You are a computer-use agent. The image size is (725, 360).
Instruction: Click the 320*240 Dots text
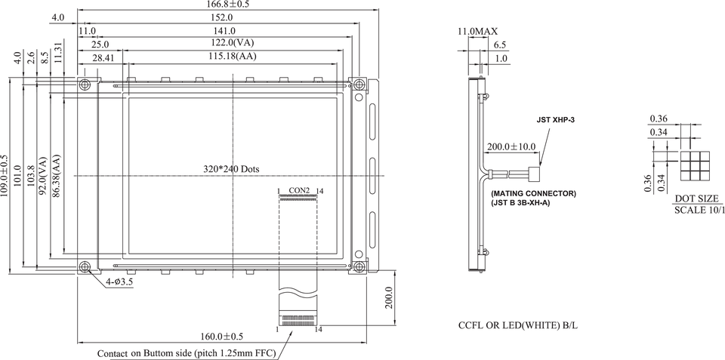[x=231, y=169]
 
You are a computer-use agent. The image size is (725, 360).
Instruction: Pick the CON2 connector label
[x=299, y=189]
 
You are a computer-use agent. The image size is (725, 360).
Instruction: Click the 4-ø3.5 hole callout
[x=119, y=282]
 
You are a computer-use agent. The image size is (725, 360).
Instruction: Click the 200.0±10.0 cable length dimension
[x=511, y=146]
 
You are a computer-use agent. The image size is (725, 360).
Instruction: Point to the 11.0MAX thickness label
[x=477, y=32]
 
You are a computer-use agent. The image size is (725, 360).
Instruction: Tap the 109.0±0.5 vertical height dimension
[x=5, y=175]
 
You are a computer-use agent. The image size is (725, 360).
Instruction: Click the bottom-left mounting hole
[x=85, y=266]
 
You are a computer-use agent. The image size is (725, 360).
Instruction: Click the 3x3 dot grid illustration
[x=695, y=166]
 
